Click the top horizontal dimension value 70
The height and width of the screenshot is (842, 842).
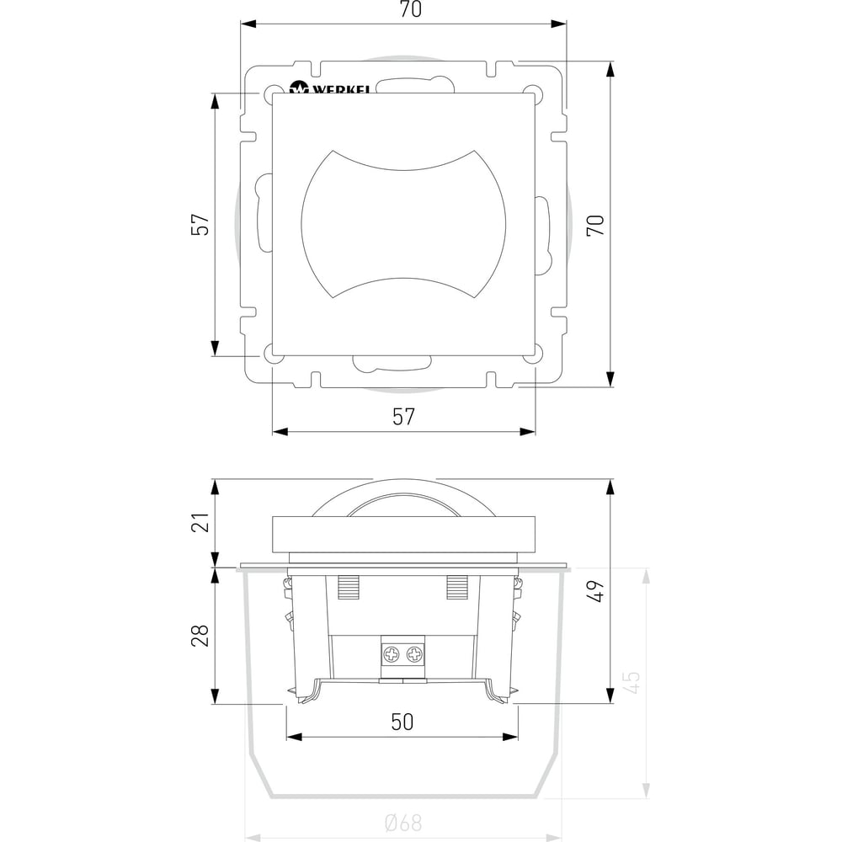point(411,9)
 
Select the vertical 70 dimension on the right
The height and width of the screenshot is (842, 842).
point(595,225)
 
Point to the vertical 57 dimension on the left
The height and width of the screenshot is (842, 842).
point(200,225)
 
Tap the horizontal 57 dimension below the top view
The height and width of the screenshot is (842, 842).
point(403,417)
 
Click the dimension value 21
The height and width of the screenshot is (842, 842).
point(200,522)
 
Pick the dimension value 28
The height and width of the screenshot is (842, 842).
point(200,635)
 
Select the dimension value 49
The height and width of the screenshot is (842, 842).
point(595,591)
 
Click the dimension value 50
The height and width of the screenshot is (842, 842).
point(402,722)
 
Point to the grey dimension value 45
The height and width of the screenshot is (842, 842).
point(633,682)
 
